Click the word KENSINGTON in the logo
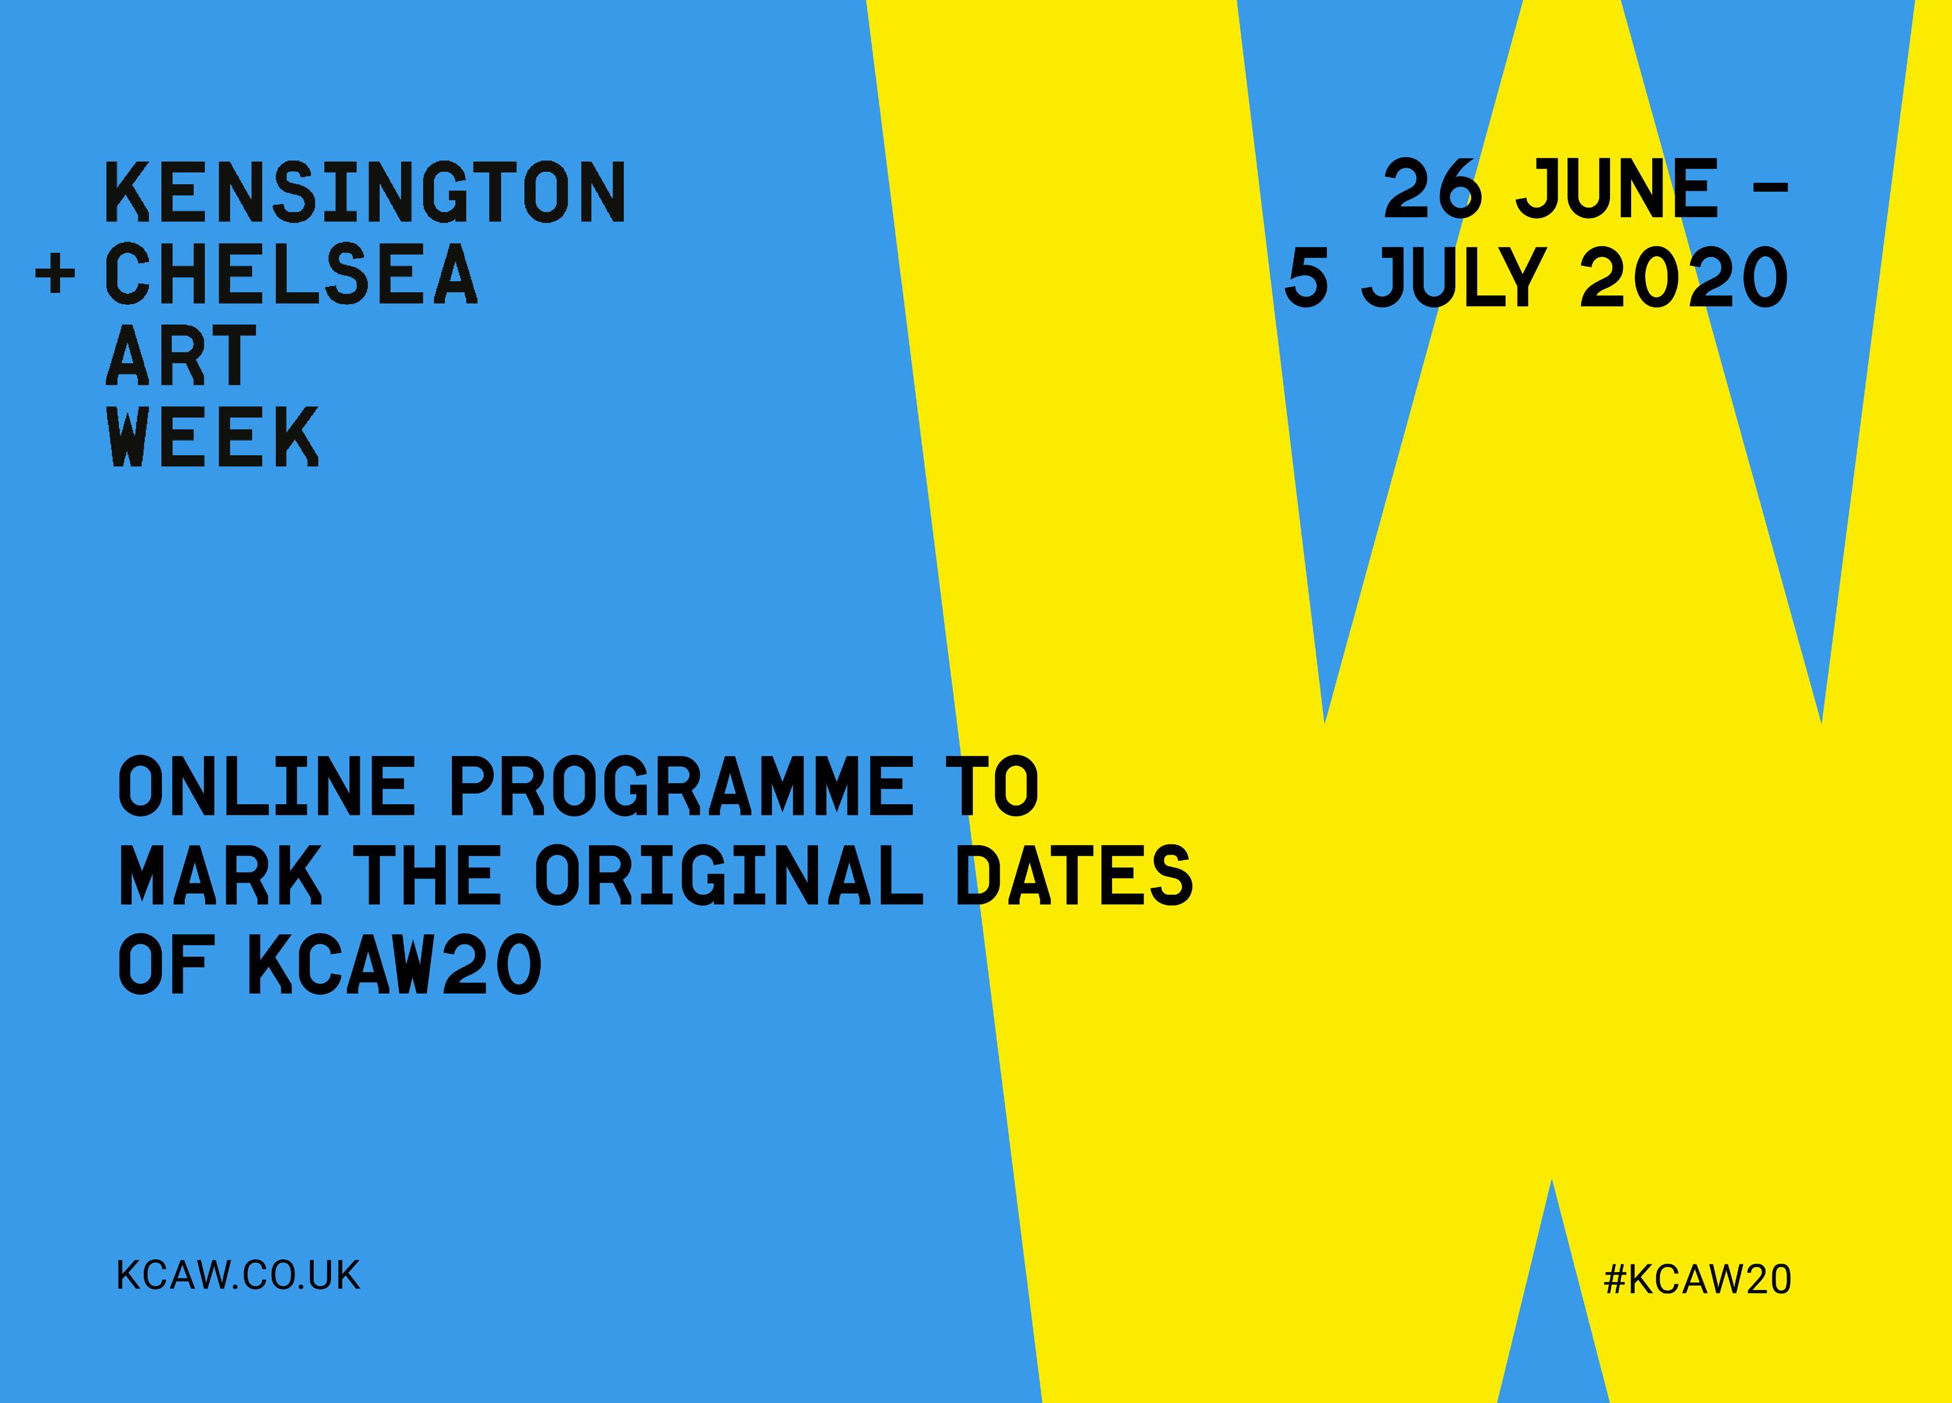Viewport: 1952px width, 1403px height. [x=366, y=192]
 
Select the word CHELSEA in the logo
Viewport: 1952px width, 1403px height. [x=291, y=274]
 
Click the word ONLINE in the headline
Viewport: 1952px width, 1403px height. [x=267, y=785]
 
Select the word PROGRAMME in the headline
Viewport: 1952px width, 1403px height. [x=680, y=785]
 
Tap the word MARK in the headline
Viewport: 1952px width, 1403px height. [x=221, y=874]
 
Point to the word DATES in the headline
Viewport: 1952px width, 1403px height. [x=1074, y=874]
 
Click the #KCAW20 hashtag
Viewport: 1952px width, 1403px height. [x=1697, y=1279]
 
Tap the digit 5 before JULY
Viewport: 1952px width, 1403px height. [x=1306, y=277]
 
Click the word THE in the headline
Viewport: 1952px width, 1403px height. [x=430, y=874]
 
